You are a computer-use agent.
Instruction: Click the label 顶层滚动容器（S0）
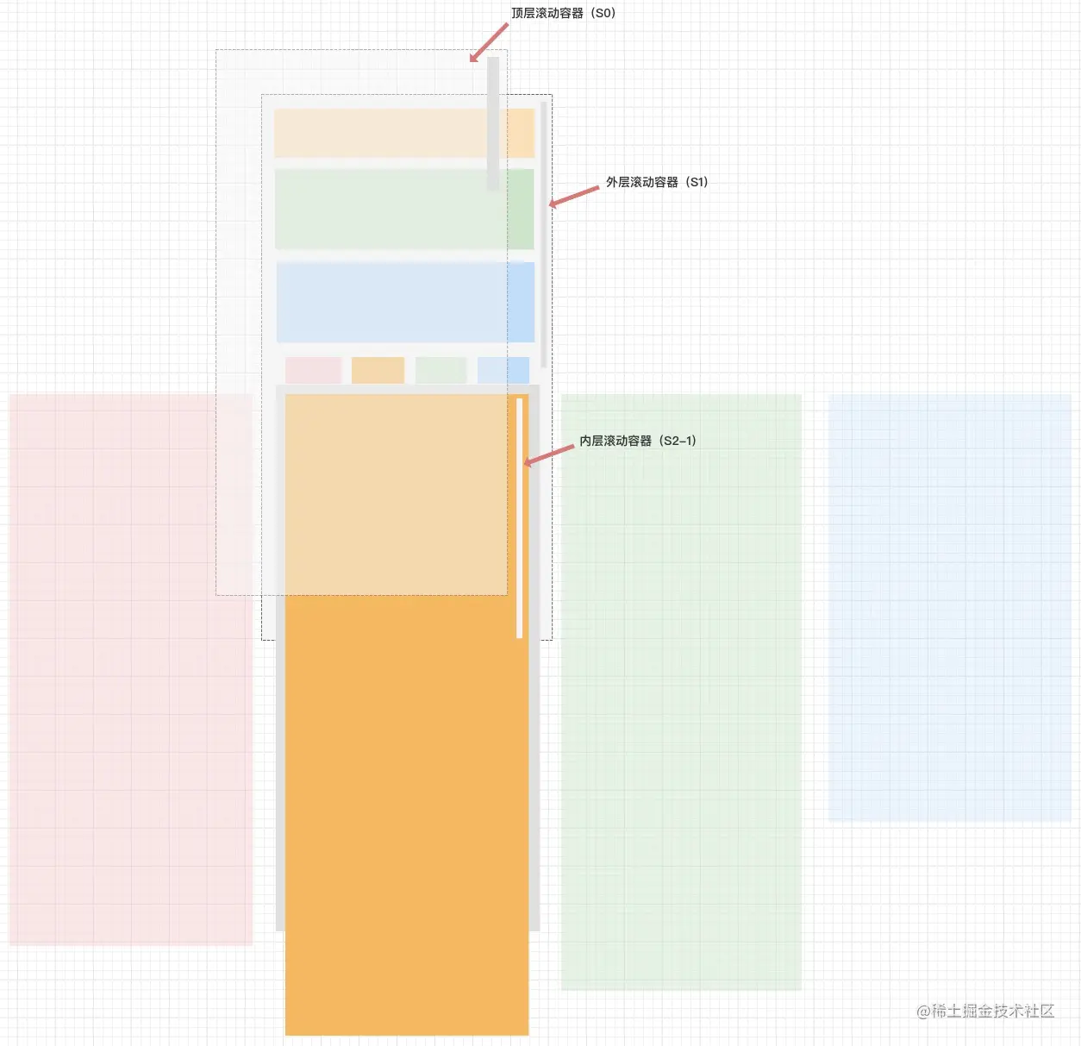563,13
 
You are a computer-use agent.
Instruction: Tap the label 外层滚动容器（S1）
656,182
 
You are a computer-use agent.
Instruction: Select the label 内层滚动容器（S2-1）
637,441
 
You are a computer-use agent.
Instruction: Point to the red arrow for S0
488,43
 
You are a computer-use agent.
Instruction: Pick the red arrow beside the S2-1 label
549,454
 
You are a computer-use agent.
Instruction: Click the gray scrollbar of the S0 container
493,123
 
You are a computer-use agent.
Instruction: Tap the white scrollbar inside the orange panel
519,517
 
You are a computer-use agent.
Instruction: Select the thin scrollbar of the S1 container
543,233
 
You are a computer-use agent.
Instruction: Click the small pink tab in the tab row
313,370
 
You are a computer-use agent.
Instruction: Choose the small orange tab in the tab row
378,370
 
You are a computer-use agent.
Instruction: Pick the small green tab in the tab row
441,370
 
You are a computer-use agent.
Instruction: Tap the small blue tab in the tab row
503,370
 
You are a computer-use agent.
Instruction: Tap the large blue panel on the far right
949,607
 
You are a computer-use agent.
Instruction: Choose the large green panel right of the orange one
681,692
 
